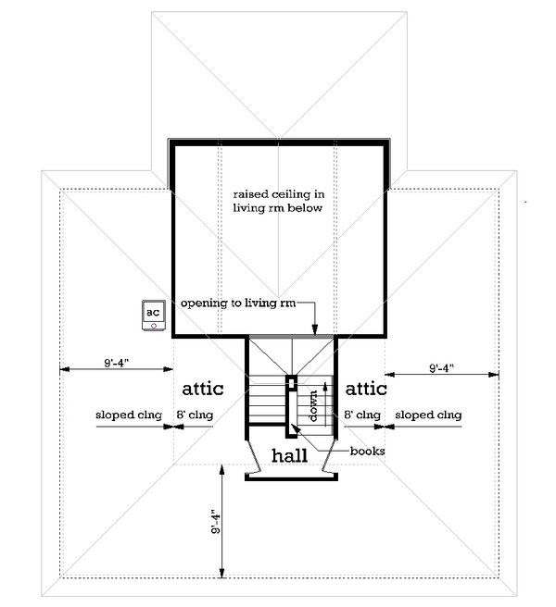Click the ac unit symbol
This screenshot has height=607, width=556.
coord(154,316)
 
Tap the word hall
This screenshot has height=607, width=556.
coord(290,455)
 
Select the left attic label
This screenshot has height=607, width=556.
coord(202,389)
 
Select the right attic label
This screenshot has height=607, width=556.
coord(366,389)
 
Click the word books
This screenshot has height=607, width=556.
coord(367,451)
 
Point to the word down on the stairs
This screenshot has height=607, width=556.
coord(313,405)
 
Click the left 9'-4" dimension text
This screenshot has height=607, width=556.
coord(116,363)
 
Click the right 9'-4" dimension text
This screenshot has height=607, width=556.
coord(441,367)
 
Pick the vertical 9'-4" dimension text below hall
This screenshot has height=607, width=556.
coord(216,522)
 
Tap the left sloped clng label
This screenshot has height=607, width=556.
coord(129,415)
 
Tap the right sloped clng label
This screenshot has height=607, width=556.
coord(428,415)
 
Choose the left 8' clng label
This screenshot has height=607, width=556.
coord(195,415)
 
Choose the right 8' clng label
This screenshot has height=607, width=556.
coord(362,415)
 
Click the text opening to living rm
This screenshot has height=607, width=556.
coord(238,303)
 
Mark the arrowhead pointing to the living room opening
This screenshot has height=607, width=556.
coord(315,329)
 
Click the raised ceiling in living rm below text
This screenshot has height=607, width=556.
coord(278,201)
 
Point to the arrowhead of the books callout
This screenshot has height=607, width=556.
coord(295,427)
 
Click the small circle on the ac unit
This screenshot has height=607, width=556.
coord(154,326)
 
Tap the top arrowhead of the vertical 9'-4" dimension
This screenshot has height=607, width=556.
coord(222,469)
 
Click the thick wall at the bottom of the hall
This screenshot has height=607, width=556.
coord(291,477)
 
